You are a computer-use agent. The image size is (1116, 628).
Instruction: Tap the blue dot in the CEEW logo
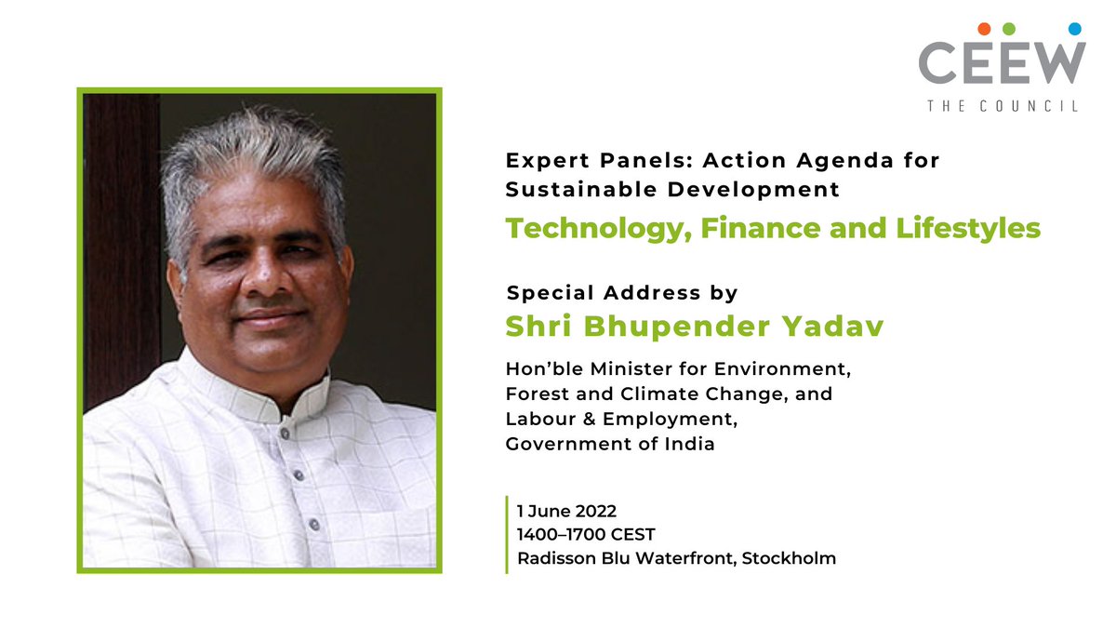[1075, 29]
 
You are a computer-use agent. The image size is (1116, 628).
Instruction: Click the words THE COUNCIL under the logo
[1003, 106]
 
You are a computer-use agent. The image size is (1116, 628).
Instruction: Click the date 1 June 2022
[567, 511]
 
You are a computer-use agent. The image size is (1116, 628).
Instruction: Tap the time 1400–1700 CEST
[587, 535]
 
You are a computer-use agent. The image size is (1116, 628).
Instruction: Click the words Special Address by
[621, 293]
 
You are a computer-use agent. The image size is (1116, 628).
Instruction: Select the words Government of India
[610, 444]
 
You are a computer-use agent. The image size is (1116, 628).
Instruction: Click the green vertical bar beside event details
[507, 534]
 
